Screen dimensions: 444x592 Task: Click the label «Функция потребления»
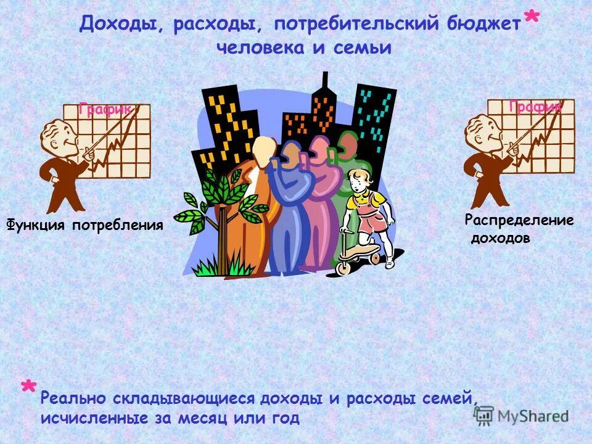click(85, 225)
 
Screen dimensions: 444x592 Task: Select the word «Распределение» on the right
click(519, 220)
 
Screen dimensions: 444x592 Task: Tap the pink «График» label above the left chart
click(105, 110)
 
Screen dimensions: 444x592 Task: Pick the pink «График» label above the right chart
click(535, 107)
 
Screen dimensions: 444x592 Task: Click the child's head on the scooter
click(357, 181)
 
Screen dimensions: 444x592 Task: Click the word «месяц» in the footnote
click(197, 418)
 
